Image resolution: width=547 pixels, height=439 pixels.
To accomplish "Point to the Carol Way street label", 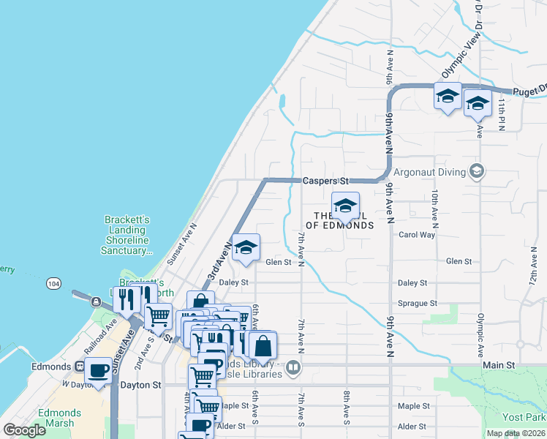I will coord(417,235).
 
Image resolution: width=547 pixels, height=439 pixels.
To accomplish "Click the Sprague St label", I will coord(417,303).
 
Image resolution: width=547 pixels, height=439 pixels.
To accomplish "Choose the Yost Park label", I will coord(524,416).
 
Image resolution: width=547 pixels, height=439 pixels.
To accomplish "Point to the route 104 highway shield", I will coord(53,282).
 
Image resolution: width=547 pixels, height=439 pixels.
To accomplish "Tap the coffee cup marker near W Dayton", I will coord(99,371).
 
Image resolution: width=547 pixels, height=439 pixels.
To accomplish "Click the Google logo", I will coord(25,430).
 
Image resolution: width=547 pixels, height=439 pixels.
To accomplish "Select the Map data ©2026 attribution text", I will coord(516,433).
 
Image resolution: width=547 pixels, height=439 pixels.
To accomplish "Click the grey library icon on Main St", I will coord(293,367).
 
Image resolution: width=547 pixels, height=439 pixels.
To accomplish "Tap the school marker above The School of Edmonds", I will coord(345,206).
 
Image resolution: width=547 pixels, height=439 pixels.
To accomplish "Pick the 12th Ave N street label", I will coord(531,267).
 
